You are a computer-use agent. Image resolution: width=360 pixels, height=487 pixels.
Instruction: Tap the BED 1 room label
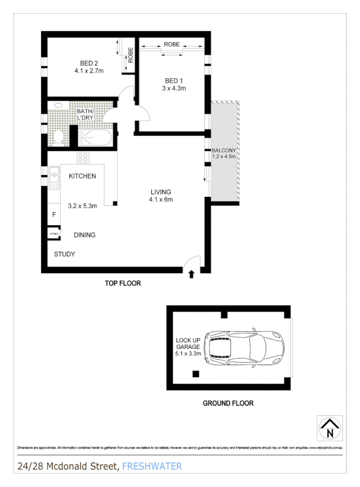click(174, 81)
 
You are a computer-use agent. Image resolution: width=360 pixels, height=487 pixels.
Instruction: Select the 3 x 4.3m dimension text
click(174, 88)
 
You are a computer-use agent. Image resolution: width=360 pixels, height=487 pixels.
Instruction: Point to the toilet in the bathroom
click(59, 135)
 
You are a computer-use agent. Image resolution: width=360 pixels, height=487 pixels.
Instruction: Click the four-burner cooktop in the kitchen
click(83, 158)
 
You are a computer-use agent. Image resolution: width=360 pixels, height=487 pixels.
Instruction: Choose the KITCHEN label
click(82, 176)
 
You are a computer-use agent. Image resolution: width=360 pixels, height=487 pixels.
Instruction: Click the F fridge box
click(54, 214)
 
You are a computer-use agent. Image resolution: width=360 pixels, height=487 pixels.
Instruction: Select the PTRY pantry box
click(54, 234)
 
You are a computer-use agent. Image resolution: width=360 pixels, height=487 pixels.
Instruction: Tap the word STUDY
click(64, 254)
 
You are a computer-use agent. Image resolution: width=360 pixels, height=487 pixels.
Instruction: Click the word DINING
click(84, 235)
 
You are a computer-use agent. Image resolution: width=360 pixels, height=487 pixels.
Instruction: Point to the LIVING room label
click(161, 192)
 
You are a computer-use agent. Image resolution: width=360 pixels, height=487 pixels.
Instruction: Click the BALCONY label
click(224, 150)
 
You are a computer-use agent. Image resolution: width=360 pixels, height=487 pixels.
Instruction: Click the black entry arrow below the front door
click(191, 274)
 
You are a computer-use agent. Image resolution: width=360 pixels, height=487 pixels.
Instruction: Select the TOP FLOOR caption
click(123, 284)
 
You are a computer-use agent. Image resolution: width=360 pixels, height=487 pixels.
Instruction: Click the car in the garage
click(242, 347)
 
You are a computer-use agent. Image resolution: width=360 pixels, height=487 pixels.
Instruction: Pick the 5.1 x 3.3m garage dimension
click(188, 354)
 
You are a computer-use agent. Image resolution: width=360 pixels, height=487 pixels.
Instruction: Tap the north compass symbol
click(329, 428)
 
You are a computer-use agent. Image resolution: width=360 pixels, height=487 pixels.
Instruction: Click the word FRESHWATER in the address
click(152, 466)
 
